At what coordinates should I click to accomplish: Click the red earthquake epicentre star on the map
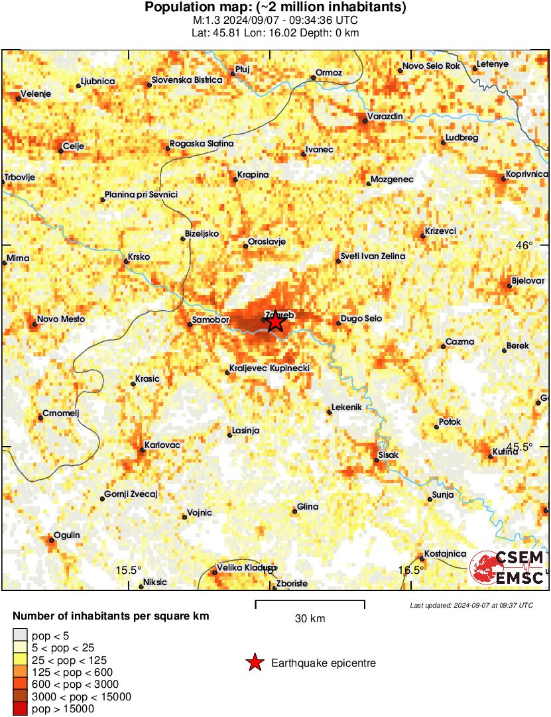coord(275,322)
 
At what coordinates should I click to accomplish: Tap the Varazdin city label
coord(386,117)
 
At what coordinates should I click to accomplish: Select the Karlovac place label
coord(162,445)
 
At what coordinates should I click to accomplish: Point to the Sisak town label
coord(388,456)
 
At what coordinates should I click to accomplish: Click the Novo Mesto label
coord(61,319)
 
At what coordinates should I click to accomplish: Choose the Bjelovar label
coord(529,281)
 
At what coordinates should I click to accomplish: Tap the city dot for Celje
coord(60,151)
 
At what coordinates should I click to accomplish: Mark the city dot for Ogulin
coord(50,540)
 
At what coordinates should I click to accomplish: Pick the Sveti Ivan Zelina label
coord(373,256)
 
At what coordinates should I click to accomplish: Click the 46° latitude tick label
coord(524,245)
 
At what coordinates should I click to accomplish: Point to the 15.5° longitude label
coord(129,571)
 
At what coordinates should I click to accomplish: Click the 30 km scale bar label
coord(310,619)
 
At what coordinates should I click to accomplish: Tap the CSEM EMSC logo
coord(508,568)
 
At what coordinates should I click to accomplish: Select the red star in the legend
coord(254,663)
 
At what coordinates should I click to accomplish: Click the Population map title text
coord(275,8)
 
